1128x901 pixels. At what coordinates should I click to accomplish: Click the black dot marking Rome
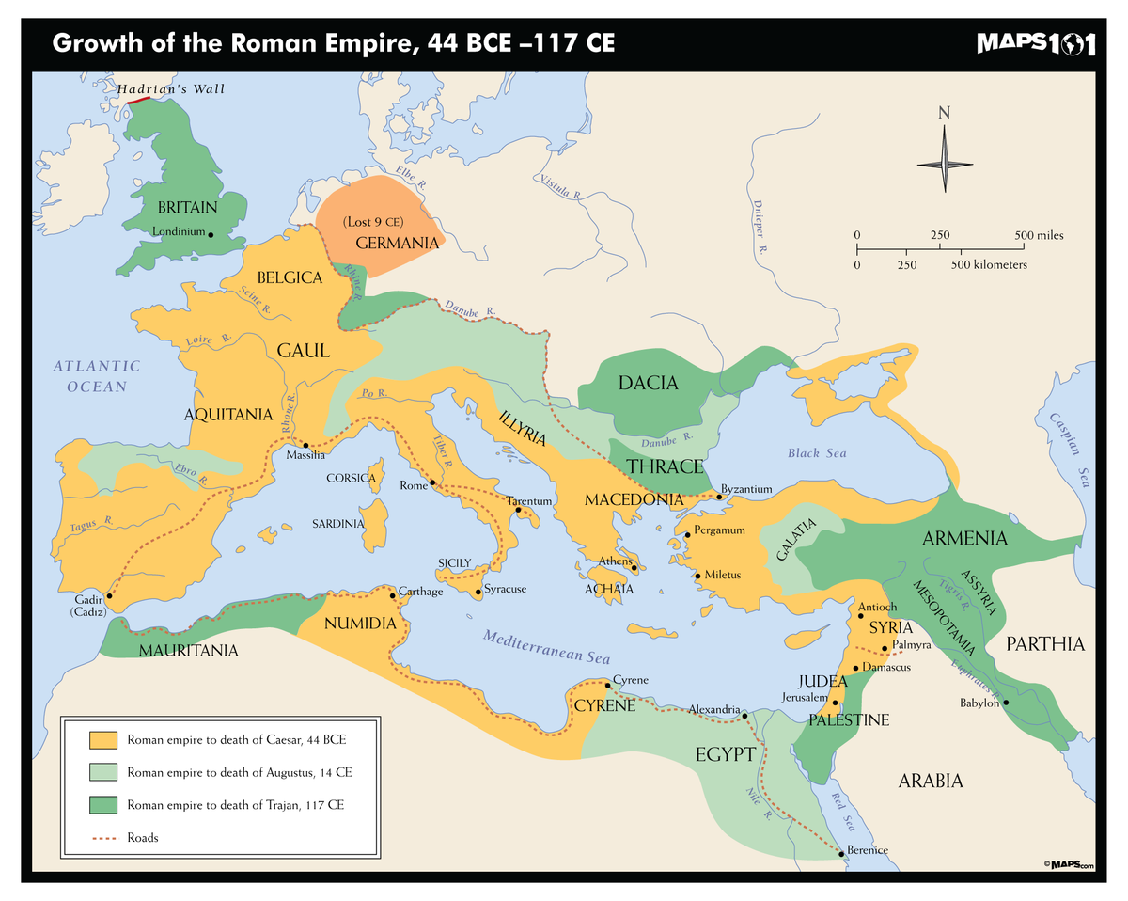click(431, 484)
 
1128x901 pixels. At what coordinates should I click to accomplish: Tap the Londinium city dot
click(211, 235)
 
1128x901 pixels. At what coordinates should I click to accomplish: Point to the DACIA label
click(648, 383)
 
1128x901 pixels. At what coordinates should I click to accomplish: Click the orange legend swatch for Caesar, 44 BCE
click(103, 740)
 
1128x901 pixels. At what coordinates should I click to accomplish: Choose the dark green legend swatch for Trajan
click(103, 804)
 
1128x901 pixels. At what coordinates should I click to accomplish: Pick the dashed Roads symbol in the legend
click(103, 837)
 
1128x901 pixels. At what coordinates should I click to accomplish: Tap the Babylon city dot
click(1006, 702)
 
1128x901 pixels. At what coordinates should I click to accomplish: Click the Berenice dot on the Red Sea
click(841, 854)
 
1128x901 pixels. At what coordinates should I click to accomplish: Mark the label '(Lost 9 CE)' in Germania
click(373, 222)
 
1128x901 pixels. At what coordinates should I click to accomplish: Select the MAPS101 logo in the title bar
click(1035, 44)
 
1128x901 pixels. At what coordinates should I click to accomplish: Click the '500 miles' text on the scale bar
click(1039, 235)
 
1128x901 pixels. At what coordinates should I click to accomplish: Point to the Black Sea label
click(817, 453)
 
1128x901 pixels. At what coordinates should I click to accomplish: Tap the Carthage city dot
click(392, 595)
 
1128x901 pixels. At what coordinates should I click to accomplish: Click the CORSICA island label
click(351, 478)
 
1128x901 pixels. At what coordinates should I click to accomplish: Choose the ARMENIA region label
click(964, 539)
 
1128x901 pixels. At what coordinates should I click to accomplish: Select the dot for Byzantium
click(719, 497)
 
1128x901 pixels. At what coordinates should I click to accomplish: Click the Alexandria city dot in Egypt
click(744, 716)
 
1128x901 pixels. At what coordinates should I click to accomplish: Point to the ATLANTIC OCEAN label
click(96, 376)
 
